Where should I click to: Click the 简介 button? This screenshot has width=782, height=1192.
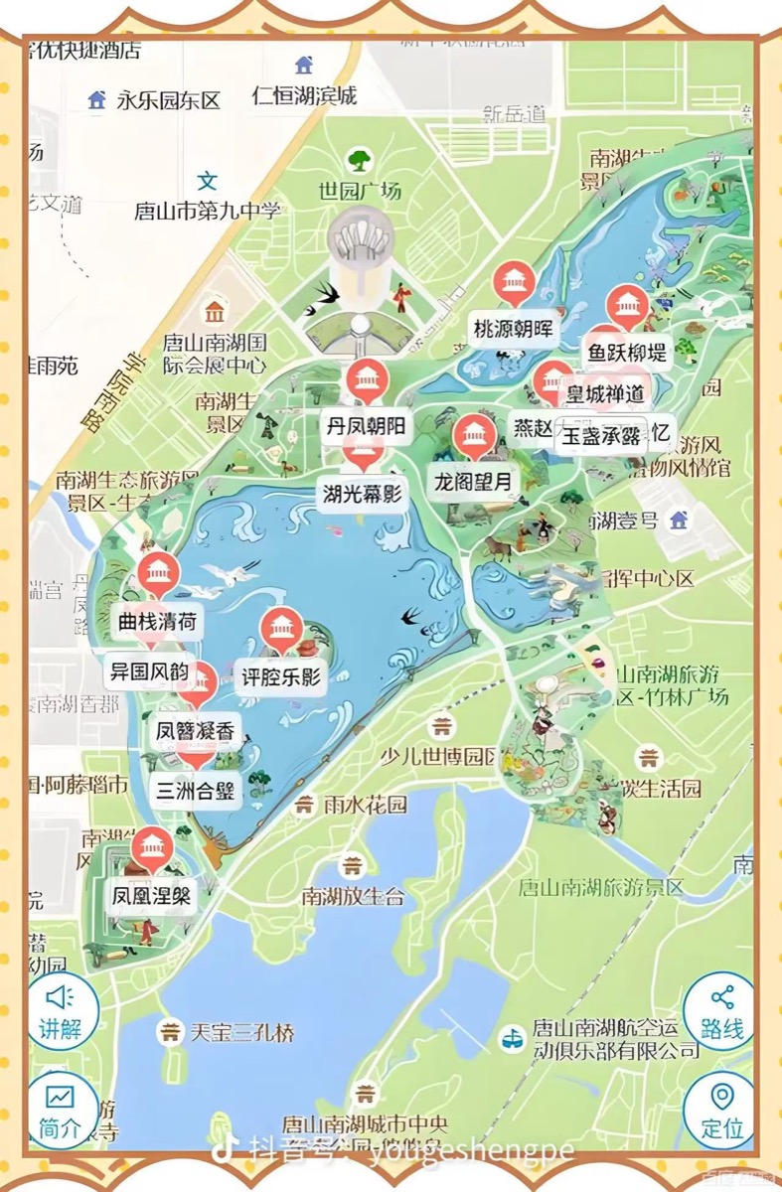click(x=62, y=1110)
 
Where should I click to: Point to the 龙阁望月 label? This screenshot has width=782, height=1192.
click(x=476, y=483)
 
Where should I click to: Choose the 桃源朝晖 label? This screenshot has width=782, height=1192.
click(x=513, y=329)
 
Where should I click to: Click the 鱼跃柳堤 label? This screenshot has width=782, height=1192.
click(x=627, y=352)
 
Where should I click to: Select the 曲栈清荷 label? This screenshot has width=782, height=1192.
click(x=157, y=623)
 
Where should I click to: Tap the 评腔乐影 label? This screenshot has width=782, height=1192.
click(x=281, y=678)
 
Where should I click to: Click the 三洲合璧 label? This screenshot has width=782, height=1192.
click(x=196, y=792)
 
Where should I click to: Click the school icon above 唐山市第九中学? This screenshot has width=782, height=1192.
click(x=208, y=181)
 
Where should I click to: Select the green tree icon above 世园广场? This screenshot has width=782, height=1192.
click(x=359, y=160)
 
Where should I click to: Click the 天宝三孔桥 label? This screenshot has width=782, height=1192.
click(x=242, y=1033)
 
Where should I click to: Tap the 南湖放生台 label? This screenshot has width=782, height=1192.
click(x=354, y=897)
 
